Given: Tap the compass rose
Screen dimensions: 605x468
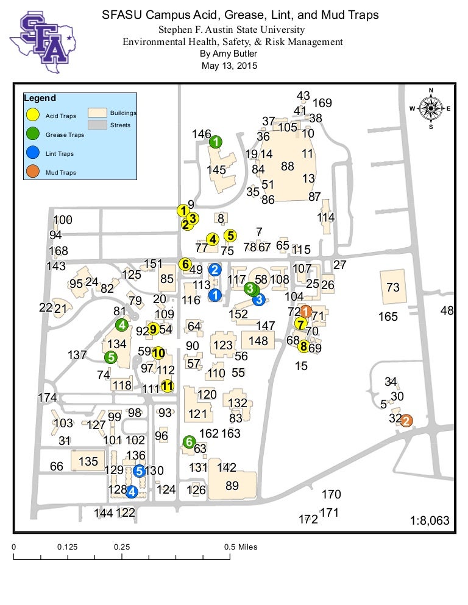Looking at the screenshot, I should [431, 109].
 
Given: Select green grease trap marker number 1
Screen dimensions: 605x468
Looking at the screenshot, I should [216, 142].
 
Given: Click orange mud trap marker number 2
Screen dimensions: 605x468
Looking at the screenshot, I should [406, 420].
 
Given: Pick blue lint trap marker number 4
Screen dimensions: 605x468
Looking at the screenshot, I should [131, 491].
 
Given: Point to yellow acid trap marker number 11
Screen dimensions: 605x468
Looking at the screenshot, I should [167, 385].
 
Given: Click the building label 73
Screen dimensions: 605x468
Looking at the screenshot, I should [393, 287].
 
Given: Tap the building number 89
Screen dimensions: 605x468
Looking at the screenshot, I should [232, 486].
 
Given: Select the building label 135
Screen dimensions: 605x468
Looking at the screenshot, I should [88, 461].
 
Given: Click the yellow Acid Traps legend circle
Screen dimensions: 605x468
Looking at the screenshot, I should [34, 115].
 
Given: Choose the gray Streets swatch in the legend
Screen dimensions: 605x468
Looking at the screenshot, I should [97, 125].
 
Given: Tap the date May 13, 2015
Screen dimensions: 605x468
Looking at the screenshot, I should [229, 66].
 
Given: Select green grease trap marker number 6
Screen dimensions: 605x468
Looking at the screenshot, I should [189, 442].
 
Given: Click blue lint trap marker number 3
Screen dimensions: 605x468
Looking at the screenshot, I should [258, 299].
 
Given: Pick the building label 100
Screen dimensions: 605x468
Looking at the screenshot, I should [63, 220].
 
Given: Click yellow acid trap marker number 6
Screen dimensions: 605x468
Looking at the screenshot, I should [184, 264].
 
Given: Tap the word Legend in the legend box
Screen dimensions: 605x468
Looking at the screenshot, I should [40, 98].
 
